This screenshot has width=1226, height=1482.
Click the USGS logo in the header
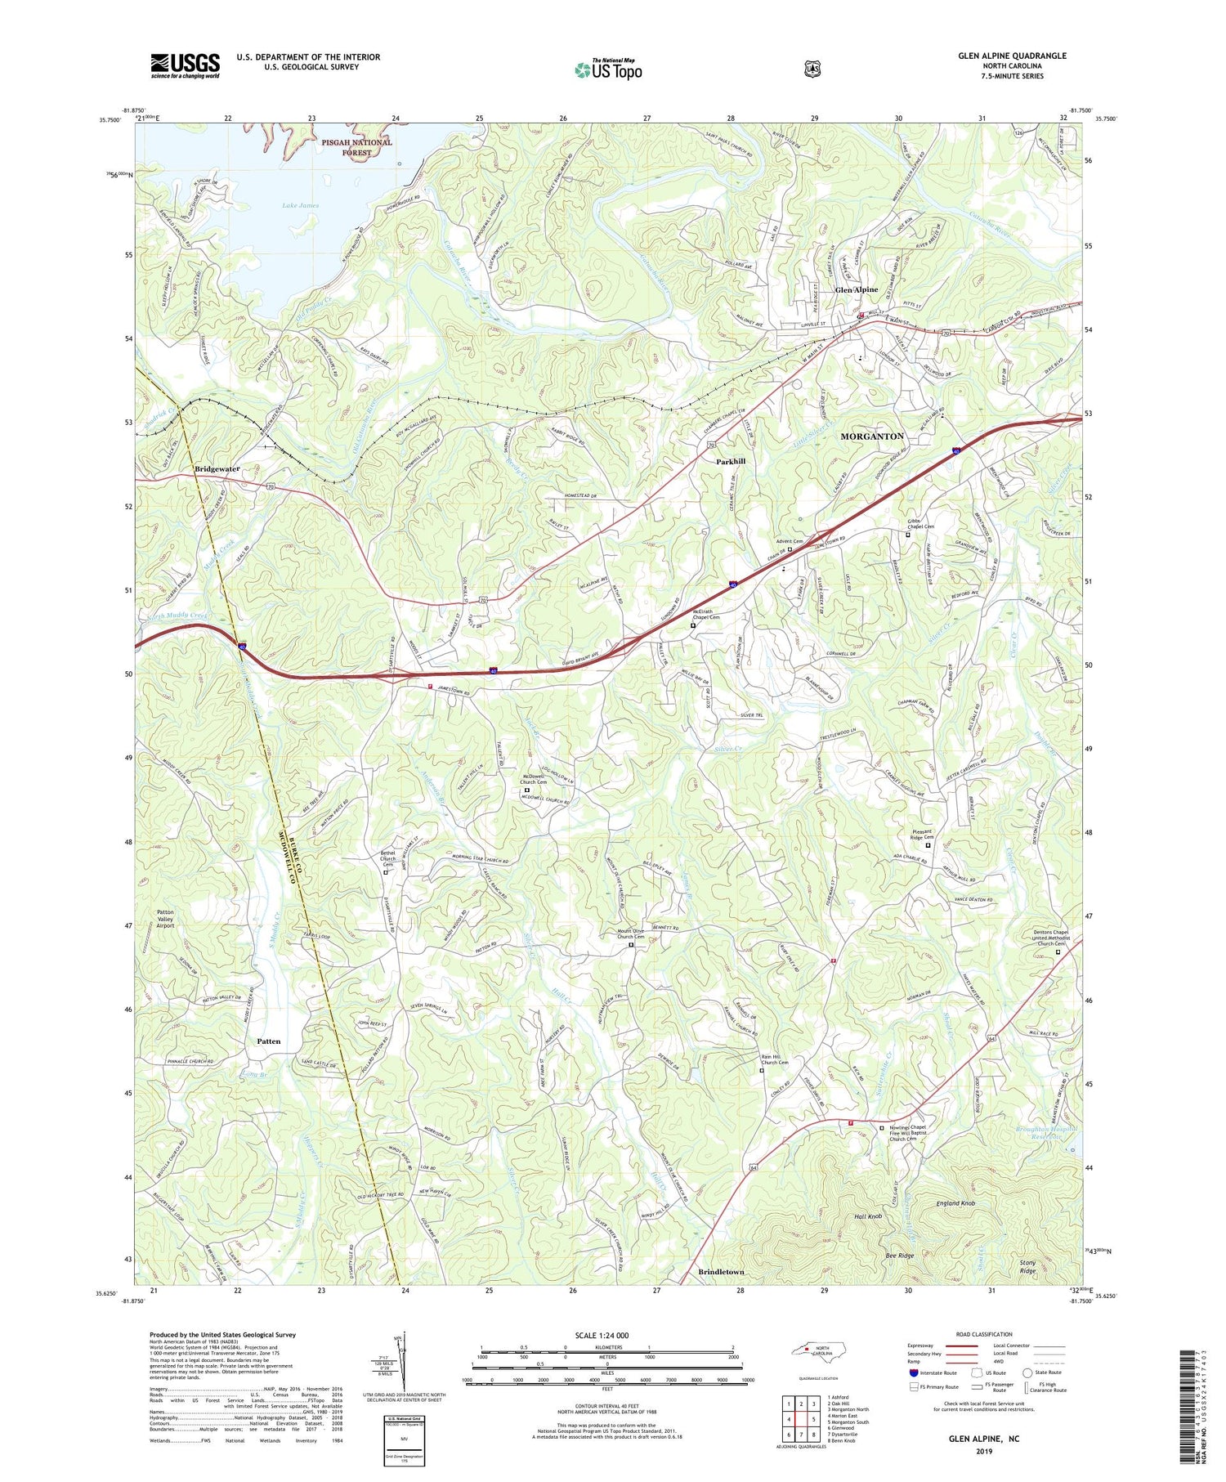coord(185,65)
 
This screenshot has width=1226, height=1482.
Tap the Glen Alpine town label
coord(856,289)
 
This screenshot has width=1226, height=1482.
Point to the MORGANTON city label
coord(872,437)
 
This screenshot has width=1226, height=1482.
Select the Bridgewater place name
coord(217,469)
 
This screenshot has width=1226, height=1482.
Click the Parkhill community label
coord(730,462)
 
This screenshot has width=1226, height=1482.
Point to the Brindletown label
coord(721,1273)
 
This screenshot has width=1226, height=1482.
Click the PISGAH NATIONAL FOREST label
coord(356,147)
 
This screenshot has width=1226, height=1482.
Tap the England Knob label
coord(955,1203)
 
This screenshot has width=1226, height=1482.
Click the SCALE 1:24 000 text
coord(606,1336)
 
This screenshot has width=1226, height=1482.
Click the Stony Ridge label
coord(1027,1267)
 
